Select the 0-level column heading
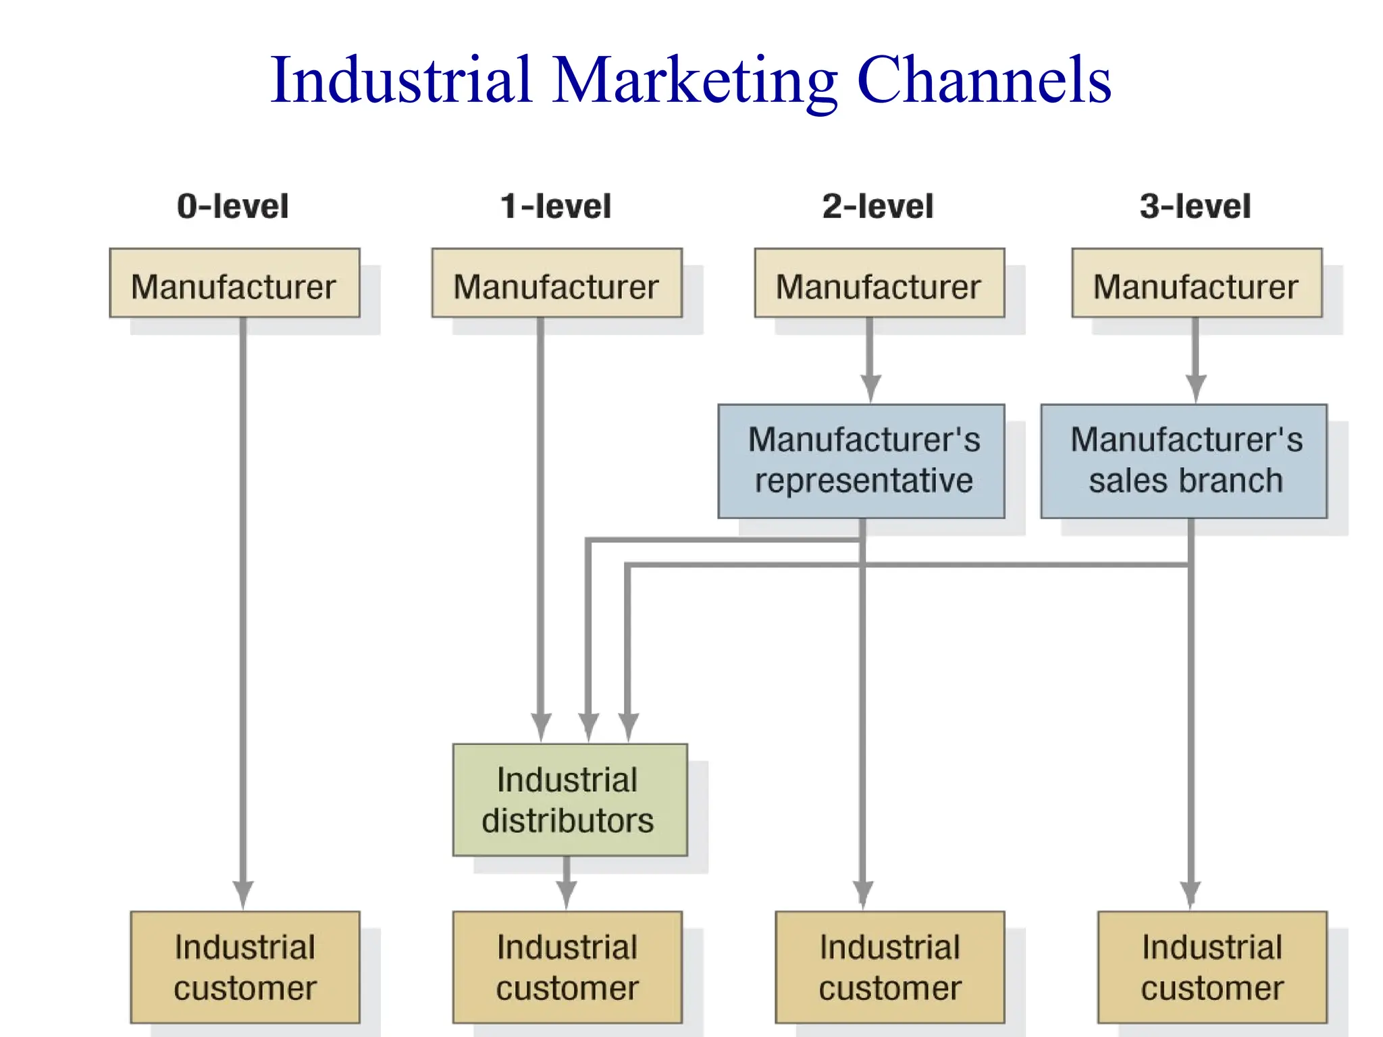(x=233, y=206)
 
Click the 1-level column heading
(x=556, y=206)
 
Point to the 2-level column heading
(x=878, y=206)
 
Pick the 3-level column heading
(x=1195, y=206)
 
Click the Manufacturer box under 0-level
(x=234, y=283)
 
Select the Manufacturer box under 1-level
(x=556, y=283)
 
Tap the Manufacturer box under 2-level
(x=879, y=283)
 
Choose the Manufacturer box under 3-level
(x=1197, y=283)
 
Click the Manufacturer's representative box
(x=861, y=461)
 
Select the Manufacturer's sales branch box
(x=1184, y=461)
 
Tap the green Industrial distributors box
(x=569, y=800)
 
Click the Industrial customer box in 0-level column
(x=244, y=967)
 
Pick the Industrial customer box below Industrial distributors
(x=567, y=967)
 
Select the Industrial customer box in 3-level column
(x=1212, y=967)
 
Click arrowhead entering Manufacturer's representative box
(x=870, y=389)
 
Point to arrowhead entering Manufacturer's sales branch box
(x=1195, y=389)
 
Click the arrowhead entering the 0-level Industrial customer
(x=243, y=895)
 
